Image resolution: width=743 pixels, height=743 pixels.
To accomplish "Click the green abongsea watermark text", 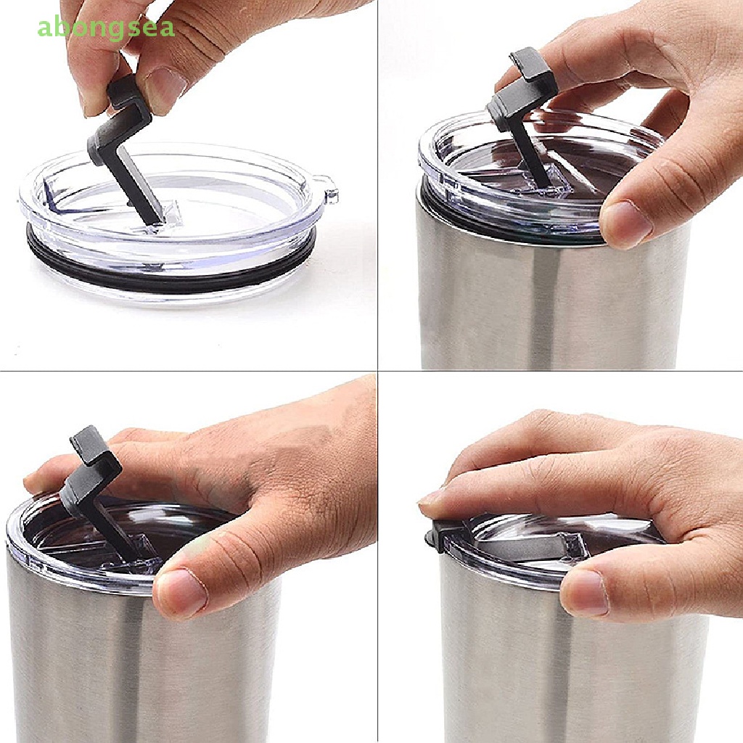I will pyautogui.click(x=105, y=28).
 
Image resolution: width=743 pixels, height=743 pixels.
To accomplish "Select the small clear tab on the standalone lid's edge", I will pyautogui.click(x=330, y=194).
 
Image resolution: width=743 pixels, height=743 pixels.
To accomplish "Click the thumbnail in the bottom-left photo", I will pyautogui.click(x=178, y=591).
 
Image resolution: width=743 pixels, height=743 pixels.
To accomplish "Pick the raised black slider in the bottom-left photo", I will pyautogui.click(x=91, y=479).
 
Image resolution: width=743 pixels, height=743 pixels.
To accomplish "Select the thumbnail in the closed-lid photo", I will pyautogui.click(x=585, y=591).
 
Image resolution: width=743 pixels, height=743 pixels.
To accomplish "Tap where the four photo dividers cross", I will pyautogui.click(x=377, y=371).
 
